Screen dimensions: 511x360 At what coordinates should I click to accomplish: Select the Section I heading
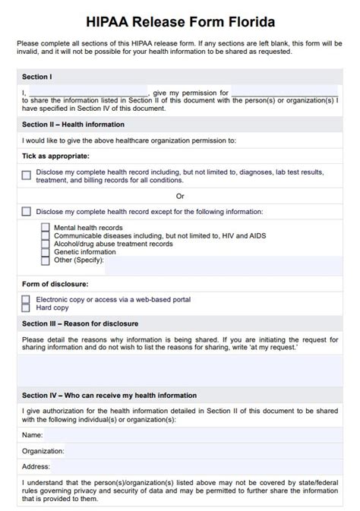(38, 77)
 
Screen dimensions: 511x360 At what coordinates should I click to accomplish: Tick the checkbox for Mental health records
(46, 227)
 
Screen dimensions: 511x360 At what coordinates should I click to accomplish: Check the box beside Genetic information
(46, 252)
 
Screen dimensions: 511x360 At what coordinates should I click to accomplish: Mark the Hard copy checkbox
(27, 308)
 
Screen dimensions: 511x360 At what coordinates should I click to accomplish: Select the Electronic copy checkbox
(27, 299)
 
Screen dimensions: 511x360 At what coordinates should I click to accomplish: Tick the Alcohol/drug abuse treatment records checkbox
(46, 244)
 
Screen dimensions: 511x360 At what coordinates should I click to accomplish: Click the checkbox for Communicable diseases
(46, 235)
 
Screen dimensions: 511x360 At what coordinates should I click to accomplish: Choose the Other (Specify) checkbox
(46, 260)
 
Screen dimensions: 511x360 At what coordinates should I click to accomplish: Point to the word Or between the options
(180, 195)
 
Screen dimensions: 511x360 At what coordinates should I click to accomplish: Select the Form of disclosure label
(55, 284)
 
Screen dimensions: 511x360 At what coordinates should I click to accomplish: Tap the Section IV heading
(109, 396)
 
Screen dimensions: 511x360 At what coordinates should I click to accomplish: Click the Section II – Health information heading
(73, 125)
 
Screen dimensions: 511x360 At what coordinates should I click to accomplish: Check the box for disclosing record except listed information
(27, 211)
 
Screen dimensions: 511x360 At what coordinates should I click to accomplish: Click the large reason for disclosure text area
(180, 370)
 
